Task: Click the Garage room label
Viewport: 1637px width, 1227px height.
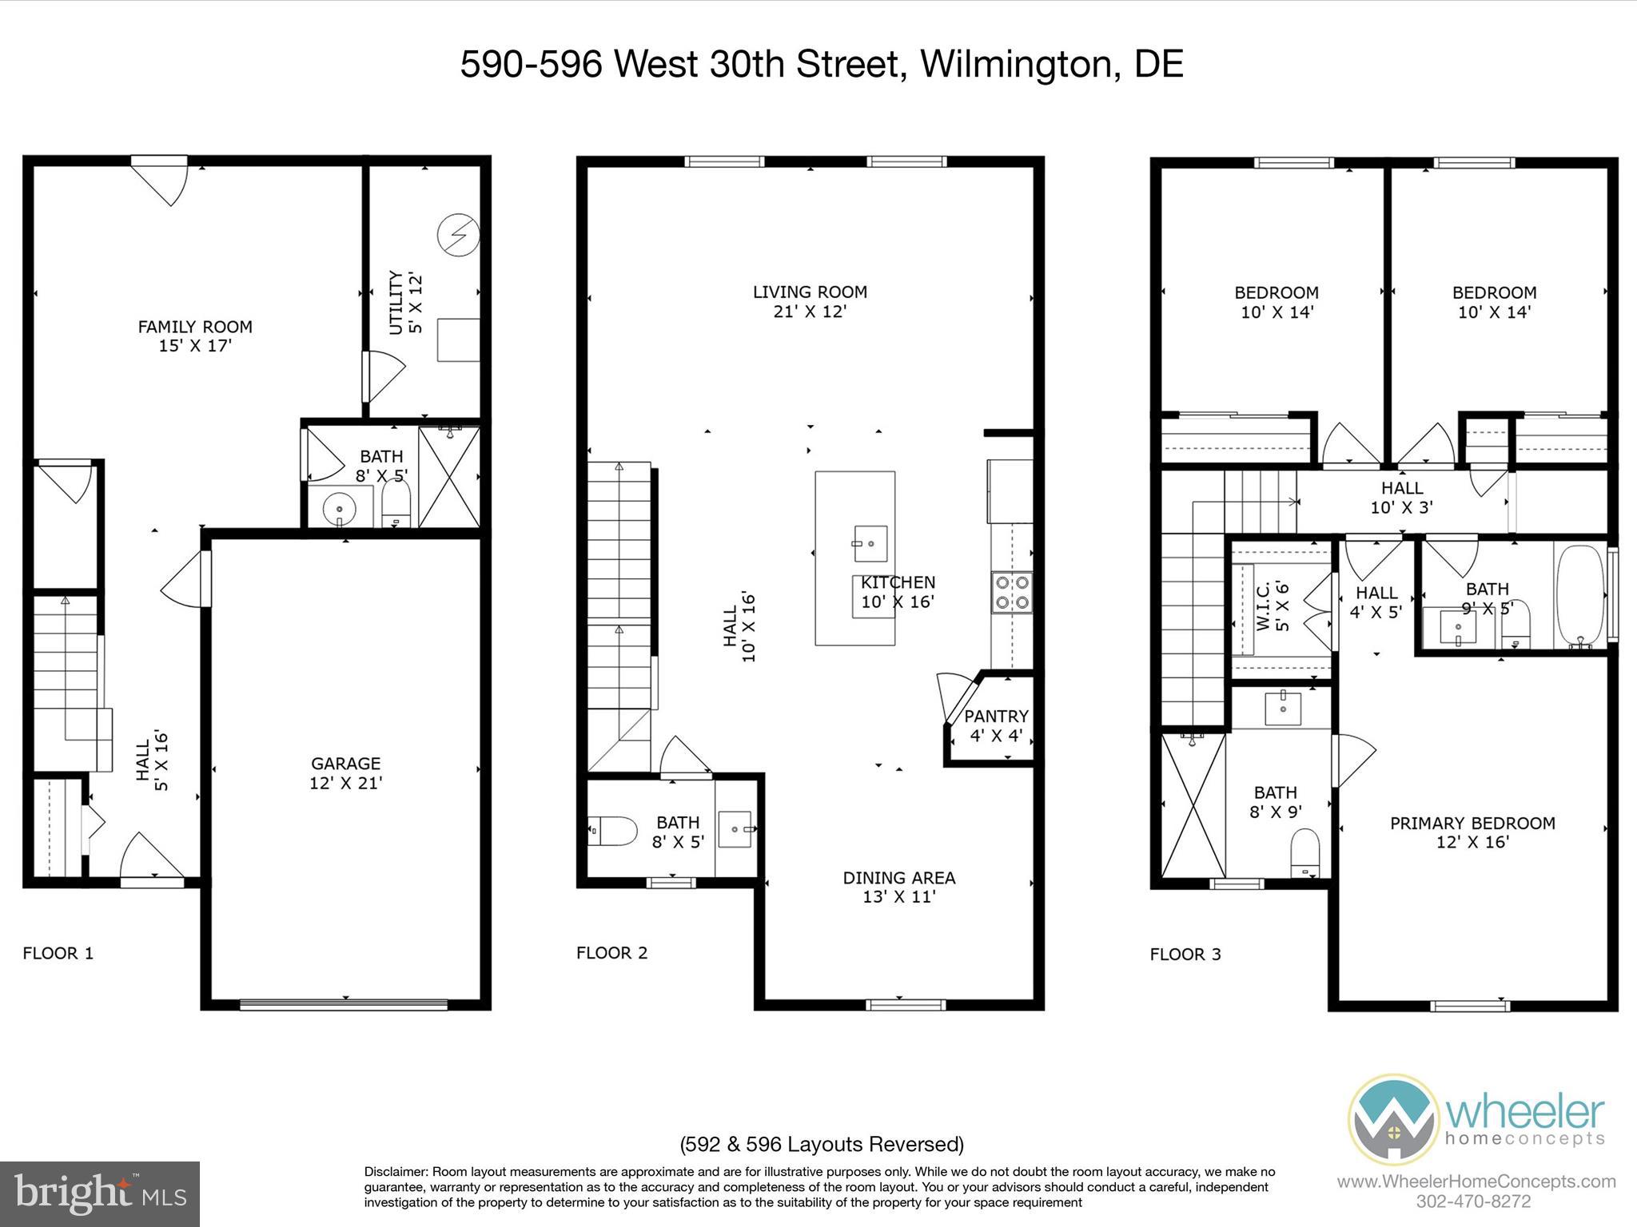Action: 345,772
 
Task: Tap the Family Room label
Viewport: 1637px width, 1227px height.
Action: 195,336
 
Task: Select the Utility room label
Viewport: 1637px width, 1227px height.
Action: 404,303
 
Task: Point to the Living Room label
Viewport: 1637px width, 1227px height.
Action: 810,301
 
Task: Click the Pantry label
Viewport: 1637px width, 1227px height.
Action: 996,725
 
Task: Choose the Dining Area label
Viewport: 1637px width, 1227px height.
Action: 899,887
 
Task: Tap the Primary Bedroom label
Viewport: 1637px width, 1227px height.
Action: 1472,832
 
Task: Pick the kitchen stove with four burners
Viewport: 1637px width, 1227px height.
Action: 1012,592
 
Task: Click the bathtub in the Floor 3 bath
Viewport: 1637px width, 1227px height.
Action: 1579,595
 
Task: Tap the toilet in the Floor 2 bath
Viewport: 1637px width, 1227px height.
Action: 611,832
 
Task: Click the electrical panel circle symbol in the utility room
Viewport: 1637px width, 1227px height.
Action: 459,234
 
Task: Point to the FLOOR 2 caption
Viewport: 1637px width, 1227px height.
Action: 611,952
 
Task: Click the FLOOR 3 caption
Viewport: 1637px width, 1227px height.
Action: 1185,954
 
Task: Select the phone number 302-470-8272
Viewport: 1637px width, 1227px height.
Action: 1473,1201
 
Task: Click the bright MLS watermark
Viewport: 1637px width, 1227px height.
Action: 100,1193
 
